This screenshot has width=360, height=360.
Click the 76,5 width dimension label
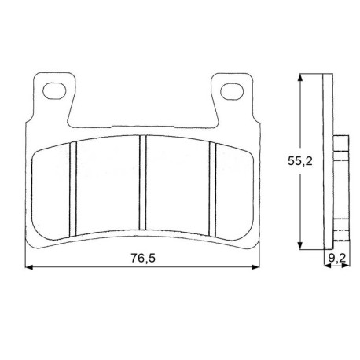(143, 259)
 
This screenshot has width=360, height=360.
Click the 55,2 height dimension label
(300, 161)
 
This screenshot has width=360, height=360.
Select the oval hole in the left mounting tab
(54, 91)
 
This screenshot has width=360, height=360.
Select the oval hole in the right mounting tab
(232, 91)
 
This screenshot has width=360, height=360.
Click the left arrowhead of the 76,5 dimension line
(29, 267)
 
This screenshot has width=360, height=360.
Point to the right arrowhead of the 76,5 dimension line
(255, 267)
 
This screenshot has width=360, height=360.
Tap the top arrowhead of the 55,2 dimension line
(300, 78)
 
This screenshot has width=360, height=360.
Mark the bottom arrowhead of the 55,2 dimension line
(300, 245)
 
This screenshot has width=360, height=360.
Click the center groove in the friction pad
(142, 182)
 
